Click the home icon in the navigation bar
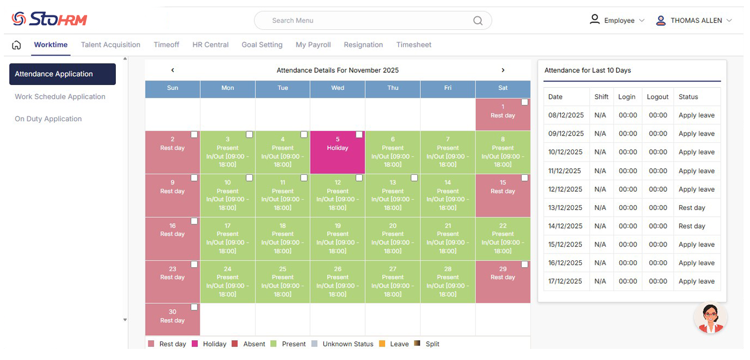[x=17, y=45]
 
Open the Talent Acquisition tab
[x=110, y=45]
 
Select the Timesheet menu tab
[x=414, y=45]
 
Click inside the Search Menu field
[x=364, y=20]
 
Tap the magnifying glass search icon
[x=478, y=21]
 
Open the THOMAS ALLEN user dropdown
[x=694, y=20]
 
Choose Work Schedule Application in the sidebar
[x=60, y=96]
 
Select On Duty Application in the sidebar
[x=48, y=119]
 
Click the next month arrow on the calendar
[x=502, y=70]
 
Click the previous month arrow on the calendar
[x=173, y=70]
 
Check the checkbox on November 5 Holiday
[x=359, y=135]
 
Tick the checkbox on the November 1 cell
[x=524, y=102]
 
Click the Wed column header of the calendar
[x=337, y=88]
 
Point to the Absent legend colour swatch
[x=235, y=344]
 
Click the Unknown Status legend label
[x=348, y=344]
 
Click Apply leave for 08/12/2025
[x=697, y=115]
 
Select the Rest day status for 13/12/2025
[x=692, y=208]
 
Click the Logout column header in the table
[x=657, y=96]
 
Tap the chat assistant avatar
[x=710, y=318]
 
